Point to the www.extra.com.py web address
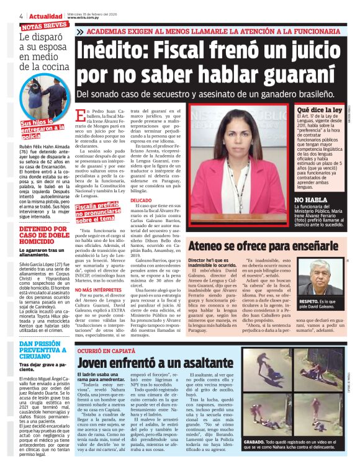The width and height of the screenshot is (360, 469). [x=85, y=18]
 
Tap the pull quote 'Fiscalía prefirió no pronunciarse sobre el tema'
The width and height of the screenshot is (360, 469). [x=96, y=213]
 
